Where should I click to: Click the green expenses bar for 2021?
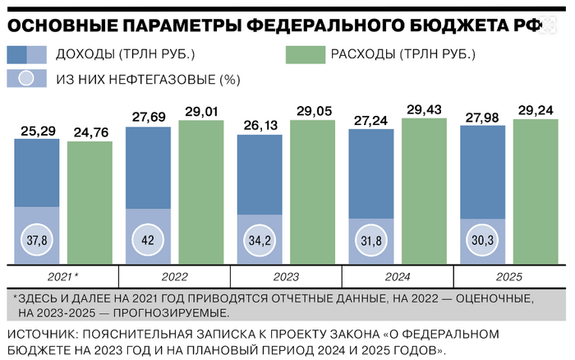[89, 201]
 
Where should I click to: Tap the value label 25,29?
[37, 130]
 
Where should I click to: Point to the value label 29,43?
[424, 108]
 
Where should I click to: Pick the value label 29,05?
[313, 110]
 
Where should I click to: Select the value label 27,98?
[483, 116]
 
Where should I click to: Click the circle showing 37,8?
[37, 242]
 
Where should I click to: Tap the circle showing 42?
[148, 242]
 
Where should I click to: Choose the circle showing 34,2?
[260, 242]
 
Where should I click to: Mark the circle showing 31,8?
[371, 242]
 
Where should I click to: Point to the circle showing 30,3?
[483, 242]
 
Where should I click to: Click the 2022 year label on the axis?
[174, 278]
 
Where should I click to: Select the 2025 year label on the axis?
[509, 278]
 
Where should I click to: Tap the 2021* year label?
[62, 278]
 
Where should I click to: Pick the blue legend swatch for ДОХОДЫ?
[25, 55]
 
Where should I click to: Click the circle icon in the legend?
[25, 80]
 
